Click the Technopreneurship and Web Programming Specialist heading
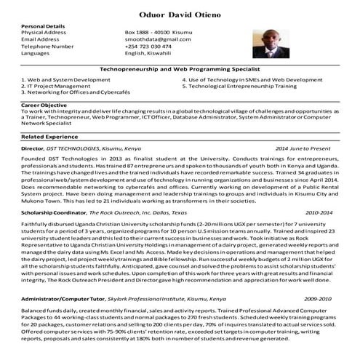point(180,68)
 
